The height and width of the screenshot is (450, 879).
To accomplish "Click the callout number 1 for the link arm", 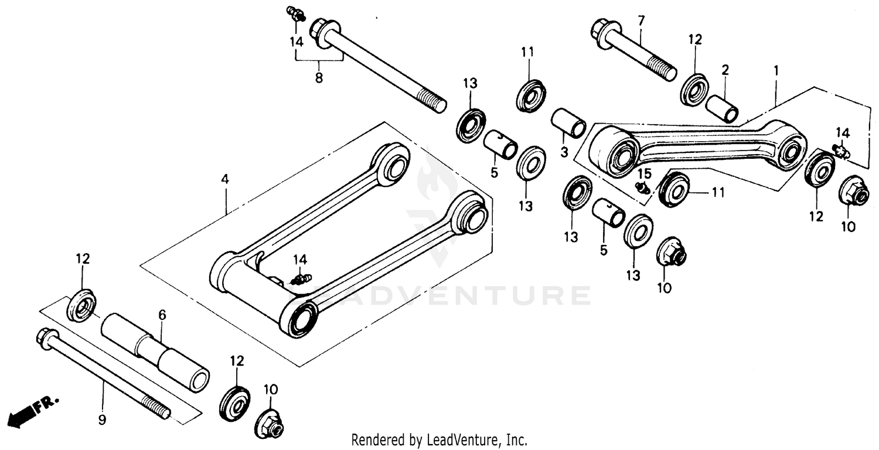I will [776, 70].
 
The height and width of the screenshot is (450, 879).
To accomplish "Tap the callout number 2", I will [725, 70].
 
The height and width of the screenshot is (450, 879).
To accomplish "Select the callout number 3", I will [564, 152].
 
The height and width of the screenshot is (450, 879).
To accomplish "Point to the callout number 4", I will [224, 179].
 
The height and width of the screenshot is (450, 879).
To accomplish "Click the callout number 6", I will [162, 315].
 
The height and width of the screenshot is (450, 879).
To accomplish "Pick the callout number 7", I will [640, 21].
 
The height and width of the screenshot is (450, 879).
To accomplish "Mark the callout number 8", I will [319, 77].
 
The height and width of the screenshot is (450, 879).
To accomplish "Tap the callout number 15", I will [644, 173].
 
